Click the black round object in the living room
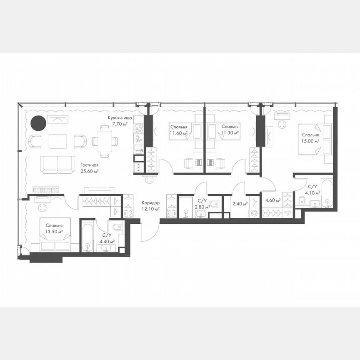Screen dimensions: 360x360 tap(37, 123)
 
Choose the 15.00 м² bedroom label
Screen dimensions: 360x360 tap(311, 138)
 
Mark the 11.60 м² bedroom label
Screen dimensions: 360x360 tap(178, 130)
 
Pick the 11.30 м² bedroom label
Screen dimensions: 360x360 tap(230, 130)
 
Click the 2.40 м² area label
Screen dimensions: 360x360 tap(240, 204)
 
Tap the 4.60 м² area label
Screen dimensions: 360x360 tap(272, 200)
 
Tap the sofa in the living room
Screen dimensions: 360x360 tap(58, 165)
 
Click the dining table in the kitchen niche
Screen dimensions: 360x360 tap(105, 141)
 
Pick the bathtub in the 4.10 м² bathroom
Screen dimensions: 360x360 tap(327, 192)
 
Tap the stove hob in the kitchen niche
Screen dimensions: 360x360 tap(138, 128)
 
